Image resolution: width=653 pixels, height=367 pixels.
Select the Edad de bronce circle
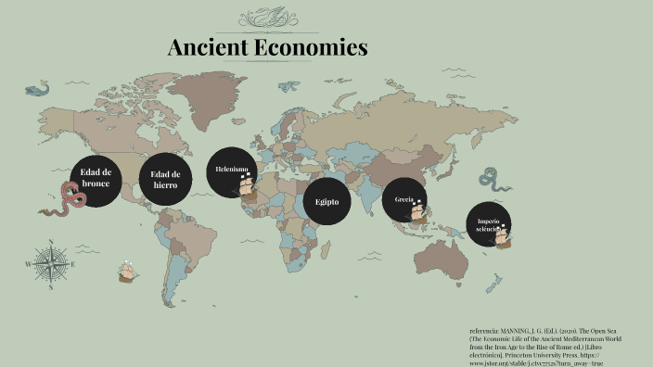[x=96, y=178]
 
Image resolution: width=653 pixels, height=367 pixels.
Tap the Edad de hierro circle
[x=165, y=179]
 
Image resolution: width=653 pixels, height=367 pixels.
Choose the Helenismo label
[x=231, y=170]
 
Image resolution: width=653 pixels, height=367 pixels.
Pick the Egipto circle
[x=326, y=201]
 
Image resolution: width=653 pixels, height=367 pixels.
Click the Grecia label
[x=403, y=199]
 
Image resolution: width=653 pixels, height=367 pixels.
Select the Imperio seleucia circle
[x=488, y=225]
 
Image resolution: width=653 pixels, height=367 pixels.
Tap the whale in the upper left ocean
[x=36, y=89]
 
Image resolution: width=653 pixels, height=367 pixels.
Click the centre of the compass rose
[x=50, y=264]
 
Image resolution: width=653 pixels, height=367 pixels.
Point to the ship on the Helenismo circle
[x=247, y=186]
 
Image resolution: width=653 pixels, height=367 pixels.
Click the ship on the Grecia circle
[x=418, y=213]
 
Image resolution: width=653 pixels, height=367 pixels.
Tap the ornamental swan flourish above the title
[x=266, y=19]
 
